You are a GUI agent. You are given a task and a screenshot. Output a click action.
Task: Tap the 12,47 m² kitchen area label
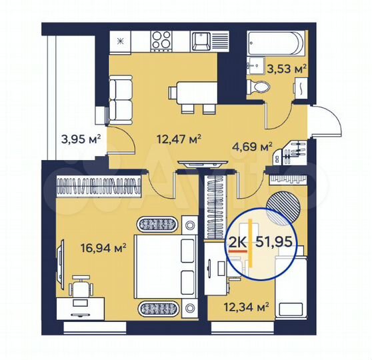(179, 139)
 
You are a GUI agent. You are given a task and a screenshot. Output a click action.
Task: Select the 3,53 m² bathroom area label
(286, 67)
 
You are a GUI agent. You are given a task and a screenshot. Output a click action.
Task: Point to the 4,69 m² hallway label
(252, 146)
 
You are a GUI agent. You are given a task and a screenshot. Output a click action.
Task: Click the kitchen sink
(202, 41)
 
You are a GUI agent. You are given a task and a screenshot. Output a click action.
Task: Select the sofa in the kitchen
(119, 97)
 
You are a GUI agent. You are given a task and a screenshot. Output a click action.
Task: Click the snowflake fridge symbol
(121, 41)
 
